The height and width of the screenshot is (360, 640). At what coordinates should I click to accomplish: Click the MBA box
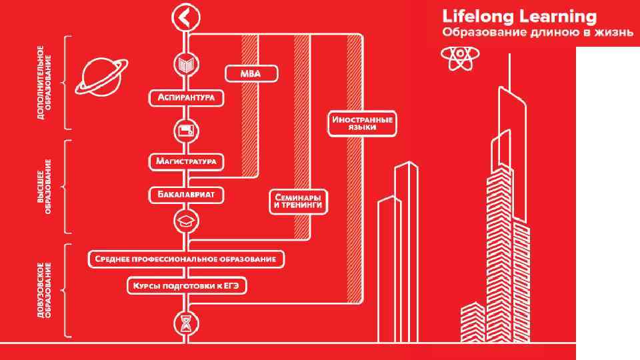pos(251,73)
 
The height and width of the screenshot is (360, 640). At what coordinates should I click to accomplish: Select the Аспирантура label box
pos(186,98)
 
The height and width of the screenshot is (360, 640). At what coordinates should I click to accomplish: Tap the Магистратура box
pos(185,161)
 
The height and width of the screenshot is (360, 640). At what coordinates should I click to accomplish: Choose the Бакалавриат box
pos(185,195)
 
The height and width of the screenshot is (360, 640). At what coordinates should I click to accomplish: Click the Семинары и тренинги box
pos(298,202)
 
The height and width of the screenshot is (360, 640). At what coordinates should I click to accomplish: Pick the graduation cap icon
pos(185,220)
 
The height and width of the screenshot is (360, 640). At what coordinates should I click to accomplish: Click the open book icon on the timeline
pos(185,65)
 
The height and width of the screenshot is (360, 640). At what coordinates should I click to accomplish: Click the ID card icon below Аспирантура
pos(185,131)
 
